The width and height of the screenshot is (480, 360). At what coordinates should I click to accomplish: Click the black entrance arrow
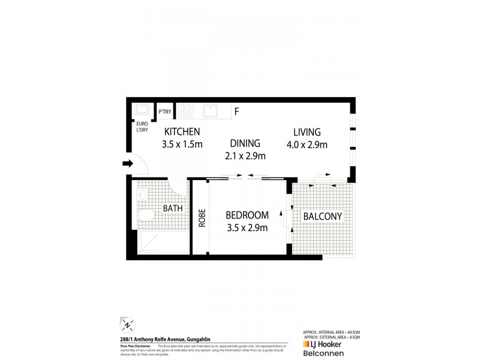pos(128,163)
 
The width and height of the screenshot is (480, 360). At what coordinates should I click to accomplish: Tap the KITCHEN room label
pos(182,132)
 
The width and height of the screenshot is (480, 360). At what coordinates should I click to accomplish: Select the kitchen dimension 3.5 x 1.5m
pos(182,144)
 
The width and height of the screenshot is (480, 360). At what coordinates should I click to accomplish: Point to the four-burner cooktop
pos(187,111)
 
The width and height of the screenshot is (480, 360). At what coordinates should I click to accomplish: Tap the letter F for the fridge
pos(237,112)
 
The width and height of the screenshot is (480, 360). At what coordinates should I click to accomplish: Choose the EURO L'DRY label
pos(142,130)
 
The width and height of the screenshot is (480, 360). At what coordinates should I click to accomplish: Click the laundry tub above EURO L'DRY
pos(142,110)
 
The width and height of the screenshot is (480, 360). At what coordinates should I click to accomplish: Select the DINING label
pos(245,144)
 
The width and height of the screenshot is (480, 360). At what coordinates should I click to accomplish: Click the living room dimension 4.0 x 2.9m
pos(307,145)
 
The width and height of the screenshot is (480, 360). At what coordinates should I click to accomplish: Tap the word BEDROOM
pos(247,215)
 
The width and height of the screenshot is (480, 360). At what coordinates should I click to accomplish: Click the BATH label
pos(172,209)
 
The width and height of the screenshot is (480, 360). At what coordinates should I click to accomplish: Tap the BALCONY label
pos(322,217)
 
